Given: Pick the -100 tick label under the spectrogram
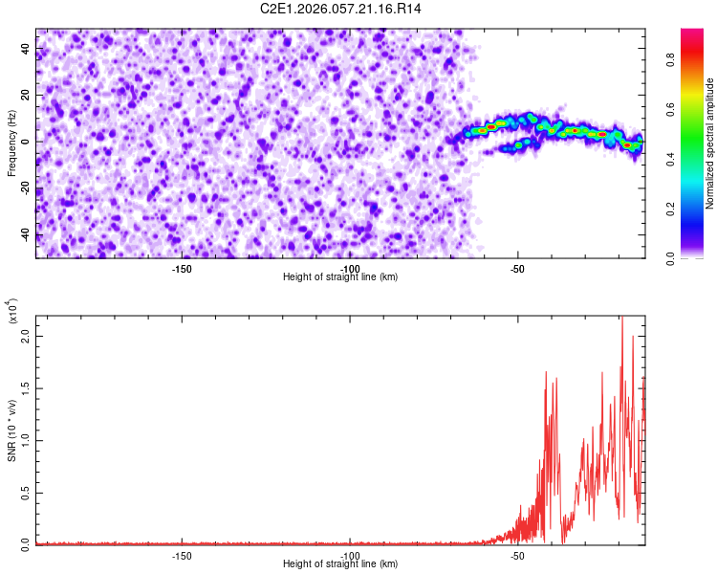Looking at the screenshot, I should click(349, 269).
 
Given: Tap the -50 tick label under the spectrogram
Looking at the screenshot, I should click(517, 269).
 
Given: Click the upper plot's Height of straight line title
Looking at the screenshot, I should click(340, 277).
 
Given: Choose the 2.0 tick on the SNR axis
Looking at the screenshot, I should click(26, 337).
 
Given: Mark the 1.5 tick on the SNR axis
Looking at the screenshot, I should click(26, 388).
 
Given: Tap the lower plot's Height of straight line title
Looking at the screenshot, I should click(340, 564).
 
